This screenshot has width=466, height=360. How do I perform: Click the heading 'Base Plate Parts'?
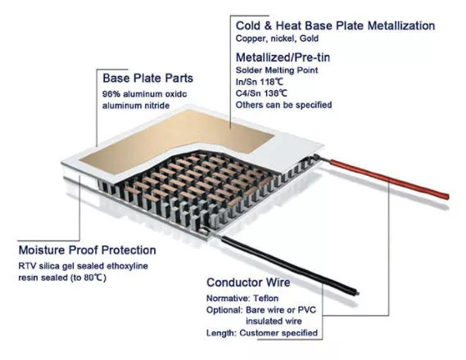pyautogui.click(x=147, y=79)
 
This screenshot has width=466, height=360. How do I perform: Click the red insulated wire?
pyautogui.click(x=393, y=182)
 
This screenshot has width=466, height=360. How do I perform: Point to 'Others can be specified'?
pyautogui.click(x=283, y=105)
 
